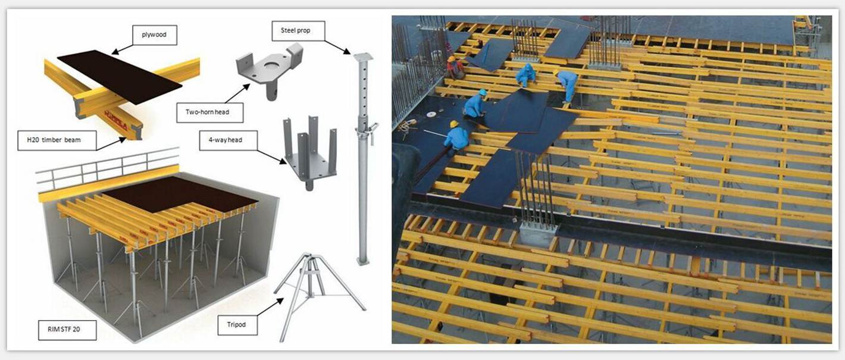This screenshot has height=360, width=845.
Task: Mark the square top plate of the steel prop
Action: [x=363, y=57]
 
